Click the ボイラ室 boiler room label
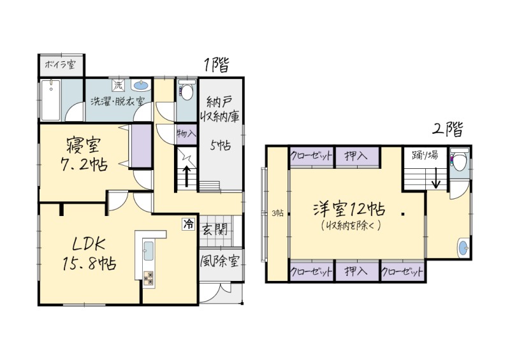pyautogui.click(x=60, y=64)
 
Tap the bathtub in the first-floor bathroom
pyautogui.click(x=51, y=100)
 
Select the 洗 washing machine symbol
pyautogui.click(x=119, y=85)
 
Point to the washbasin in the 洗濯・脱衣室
pyautogui.click(x=141, y=85)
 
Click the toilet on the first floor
pyautogui.click(x=187, y=91)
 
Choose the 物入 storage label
pyautogui.click(x=187, y=133)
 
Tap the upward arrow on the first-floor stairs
pyautogui.click(x=187, y=176)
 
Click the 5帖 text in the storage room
pyautogui.click(x=220, y=145)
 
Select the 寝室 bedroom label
pyautogui.click(x=84, y=145)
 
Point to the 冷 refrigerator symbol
pyautogui.click(x=188, y=224)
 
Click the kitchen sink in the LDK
pyautogui.click(x=149, y=251)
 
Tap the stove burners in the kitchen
pyautogui.click(x=149, y=278)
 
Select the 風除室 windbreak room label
pyautogui.click(x=220, y=261)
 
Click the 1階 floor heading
pyautogui.click(x=216, y=65)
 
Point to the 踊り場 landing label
pyautogui.click(x=425, y=155)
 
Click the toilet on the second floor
pyautogui.click(x=459, y=160)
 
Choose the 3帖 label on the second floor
pyautogui.click(x=277, y=213)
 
